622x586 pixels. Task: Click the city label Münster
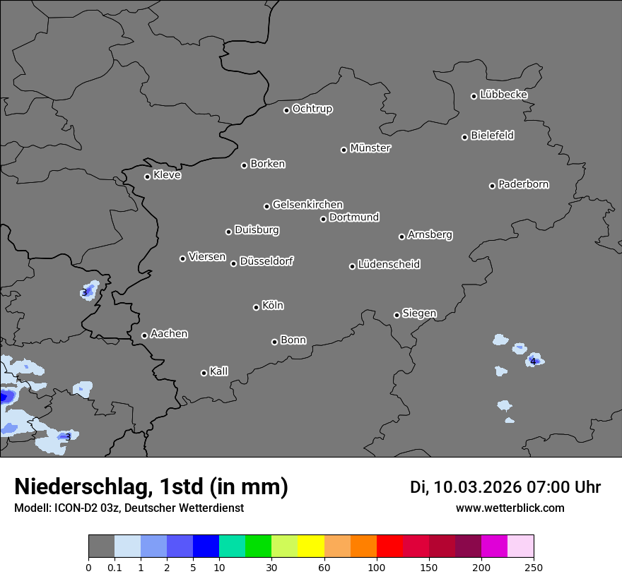(x=370, y=148)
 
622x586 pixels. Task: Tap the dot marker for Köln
(x=256, y=307)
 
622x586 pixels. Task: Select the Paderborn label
(x=524, y=184)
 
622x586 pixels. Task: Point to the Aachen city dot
(x=144, y=335)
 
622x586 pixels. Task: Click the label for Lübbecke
(x=504, y=95)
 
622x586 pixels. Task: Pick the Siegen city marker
(x=397, y=315)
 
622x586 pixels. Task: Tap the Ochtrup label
(x=312, y=109)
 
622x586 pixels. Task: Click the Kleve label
(x=168, y=175)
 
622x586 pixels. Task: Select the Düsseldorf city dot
(x=233, y=263)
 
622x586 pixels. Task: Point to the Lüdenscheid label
(x=389, y=264)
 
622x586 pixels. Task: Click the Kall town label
(x=219, y=371)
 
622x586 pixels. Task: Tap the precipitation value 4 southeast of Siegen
(x=533, y=361)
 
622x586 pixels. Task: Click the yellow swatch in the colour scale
(x=310, y=546)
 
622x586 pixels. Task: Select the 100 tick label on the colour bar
(x=377, y=567)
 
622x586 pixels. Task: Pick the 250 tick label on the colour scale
(x=534, y=567)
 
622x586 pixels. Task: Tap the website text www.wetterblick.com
(x=510, y=508)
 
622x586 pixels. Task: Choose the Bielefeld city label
(x=493, y=135)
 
